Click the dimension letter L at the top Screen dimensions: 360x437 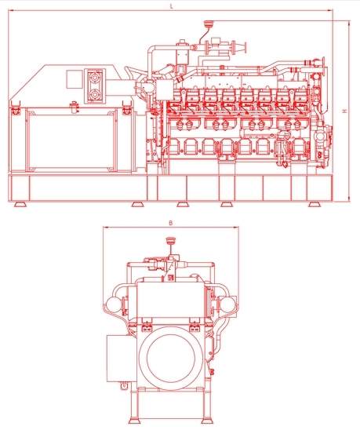[x=172, y=6]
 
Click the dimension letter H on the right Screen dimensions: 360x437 [x=344, y=111]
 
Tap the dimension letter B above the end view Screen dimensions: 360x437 [x=171, y=223]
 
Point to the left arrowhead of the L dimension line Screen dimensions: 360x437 [x=11, y=10]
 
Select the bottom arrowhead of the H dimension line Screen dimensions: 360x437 [x=349, y=198]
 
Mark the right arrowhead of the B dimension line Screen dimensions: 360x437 [x=236, y=228]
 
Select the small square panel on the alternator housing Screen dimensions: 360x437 [x=75, y=78]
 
